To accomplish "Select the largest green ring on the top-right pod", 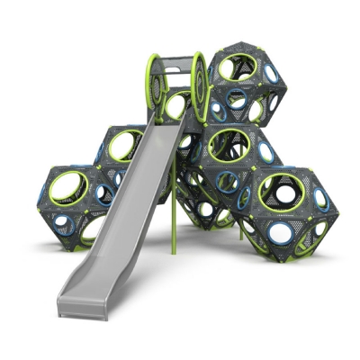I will [237, 67].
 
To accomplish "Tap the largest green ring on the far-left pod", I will [69, 187].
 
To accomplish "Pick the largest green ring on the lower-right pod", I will [281, 190].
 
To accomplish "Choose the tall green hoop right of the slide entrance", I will [200, 86].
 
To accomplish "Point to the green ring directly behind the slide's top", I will [176, 105].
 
